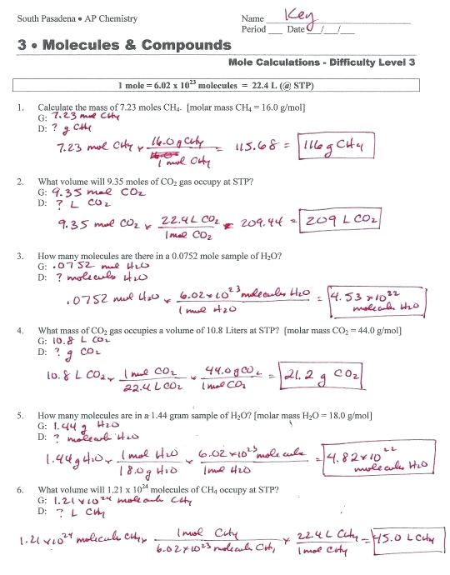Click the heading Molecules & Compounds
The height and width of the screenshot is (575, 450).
(x=124, y=45)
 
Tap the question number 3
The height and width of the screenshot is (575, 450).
(x=19, y=257)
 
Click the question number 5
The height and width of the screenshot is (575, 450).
(x=19, y=414)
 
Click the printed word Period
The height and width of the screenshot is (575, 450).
(x=253, y=29)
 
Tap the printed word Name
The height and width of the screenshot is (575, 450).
(x=252, y=18)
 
